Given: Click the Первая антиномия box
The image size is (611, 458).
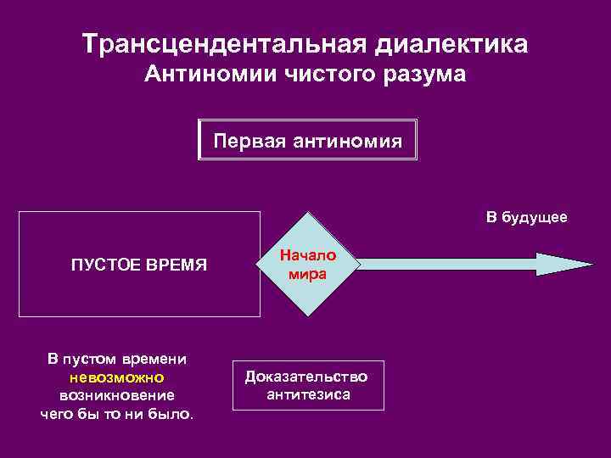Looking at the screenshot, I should click(x=307, y=140).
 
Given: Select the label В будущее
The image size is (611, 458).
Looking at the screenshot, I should click(x=526, y=219).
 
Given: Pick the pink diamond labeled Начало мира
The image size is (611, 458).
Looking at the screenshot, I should click(x=308, y=265).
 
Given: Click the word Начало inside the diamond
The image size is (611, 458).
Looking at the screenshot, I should click(x=308, y=255).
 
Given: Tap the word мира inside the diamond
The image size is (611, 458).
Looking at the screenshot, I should click(x=307, y=274).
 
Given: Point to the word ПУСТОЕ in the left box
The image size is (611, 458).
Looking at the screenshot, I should click(x=104, y=265).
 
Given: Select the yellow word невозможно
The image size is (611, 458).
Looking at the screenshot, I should click(x=118, y=377).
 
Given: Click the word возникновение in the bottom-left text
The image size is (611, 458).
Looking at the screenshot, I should click(x=118, y=396).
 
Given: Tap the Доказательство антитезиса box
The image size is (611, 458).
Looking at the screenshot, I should click(x=307, y=385).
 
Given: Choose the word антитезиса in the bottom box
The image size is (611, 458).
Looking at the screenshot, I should click(x=308, y=394).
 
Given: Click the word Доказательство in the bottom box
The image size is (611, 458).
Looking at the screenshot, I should click(x=306, y=377).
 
